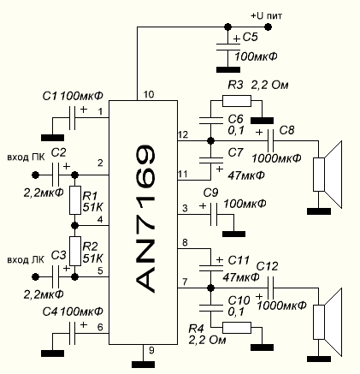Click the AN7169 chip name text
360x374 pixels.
tap(145, 219)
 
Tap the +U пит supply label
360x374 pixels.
tap(267, 15)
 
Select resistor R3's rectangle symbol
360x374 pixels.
tap(237, 101)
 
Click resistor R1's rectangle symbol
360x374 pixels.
tap(75, 200)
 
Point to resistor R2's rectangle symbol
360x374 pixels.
tap(75, 251)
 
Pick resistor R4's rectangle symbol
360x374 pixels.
tap(237, 328)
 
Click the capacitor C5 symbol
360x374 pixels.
tap(228, 47)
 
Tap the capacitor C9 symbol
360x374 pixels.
tap(214, 214)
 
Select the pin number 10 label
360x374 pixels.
tap(149, 94)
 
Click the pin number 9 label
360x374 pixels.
tap(151, 350)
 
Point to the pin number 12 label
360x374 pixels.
tap(183, 134)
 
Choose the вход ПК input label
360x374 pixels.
tap(26, 157)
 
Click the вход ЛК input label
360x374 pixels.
tap(26, 260)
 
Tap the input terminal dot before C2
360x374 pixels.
tap(35, 175)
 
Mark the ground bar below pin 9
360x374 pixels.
tap(143, 365)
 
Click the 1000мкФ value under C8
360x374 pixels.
tap(276, 158)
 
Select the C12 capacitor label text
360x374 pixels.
tap(267, 266)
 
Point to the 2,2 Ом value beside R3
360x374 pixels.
tap(269, 85)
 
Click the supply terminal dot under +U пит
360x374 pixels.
tap(268, 27)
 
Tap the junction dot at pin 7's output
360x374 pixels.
tap(210, 288)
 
